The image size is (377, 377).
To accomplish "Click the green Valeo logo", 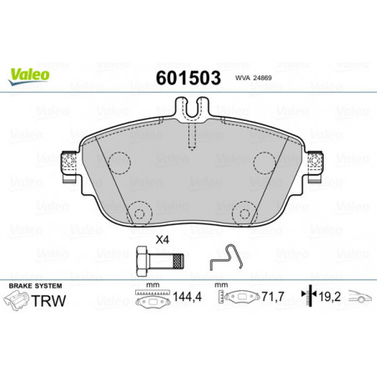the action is pos(29,76).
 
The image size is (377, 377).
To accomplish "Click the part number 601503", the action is pos(188,78).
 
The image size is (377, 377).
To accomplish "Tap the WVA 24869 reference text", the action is pos(254,78).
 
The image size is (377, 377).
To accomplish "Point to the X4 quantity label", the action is pos(163,239).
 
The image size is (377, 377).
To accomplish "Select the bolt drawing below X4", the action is pos(160,261).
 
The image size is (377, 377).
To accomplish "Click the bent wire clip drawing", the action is pos(226,257).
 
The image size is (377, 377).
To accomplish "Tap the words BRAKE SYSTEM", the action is pos(35,286).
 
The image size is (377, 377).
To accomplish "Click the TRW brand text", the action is pos(48,300).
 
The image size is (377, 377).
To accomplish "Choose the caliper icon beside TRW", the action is pos(16,300).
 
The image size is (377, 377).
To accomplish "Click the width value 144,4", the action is pos(187,297).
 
